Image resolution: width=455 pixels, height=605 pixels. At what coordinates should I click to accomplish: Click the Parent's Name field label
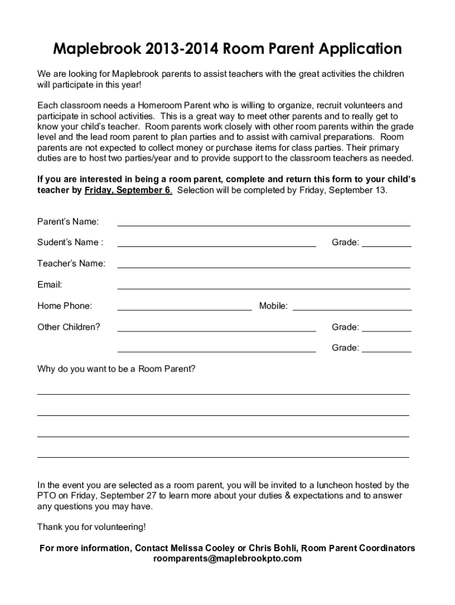tap(68, 222)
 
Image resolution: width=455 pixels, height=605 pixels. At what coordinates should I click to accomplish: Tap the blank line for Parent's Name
tap(264, 222)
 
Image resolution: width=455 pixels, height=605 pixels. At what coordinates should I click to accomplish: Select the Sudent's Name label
tap(70, 242)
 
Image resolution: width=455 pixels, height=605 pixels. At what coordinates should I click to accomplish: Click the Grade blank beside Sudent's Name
tap(386, 243)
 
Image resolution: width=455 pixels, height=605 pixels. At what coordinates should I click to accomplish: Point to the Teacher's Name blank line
tap(264, 264)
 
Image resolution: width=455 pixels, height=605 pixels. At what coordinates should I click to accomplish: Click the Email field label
tap(50, 285)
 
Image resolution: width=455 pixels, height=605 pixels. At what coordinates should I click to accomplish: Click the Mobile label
tap(273, 306)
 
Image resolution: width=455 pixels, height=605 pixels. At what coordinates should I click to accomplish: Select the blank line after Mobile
tap(352, 307)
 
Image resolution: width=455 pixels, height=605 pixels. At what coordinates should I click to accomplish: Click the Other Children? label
tap(69, 327)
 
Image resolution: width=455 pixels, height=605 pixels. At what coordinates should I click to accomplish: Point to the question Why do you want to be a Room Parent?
tap(116, 369)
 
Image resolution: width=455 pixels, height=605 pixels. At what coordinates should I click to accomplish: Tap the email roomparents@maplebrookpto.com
tap(227, 558)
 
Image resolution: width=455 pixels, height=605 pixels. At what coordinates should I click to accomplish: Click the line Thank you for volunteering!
tap(91, 527)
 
